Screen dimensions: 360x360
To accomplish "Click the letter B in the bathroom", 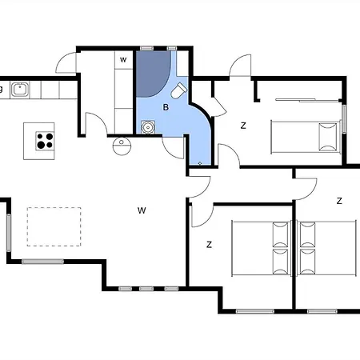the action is [x=166, y=107].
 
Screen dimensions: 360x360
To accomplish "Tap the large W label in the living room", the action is [x=142, y=210].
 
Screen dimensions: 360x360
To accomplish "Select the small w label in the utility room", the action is [x=123, y=60].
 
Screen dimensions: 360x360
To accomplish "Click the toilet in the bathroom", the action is [x=178, y=90].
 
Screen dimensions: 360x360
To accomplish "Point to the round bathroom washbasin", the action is [x=148, y=127].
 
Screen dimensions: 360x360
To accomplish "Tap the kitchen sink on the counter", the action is [x=20, y=90].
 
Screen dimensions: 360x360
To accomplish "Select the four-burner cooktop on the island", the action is [x=45, y=141].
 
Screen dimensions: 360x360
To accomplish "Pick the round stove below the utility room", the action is [x=122, y=146].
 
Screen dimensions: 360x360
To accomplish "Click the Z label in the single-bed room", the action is [x=243, y=126].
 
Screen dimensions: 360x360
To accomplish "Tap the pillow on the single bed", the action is [x=328, y=137].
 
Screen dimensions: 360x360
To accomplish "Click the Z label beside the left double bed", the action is [x=209, y=244].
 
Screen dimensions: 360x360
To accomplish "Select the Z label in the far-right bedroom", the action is [x=339, y=201].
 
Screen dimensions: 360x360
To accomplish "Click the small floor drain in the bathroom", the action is [x=200, y=163].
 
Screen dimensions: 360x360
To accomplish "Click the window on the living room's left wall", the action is [x=9, y=233].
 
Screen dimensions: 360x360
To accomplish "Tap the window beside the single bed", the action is [x=344, y=119].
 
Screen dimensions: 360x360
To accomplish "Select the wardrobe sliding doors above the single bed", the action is [x=307, y=100].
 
